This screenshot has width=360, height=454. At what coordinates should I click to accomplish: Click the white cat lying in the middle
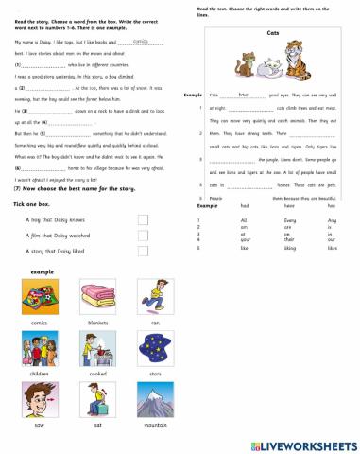[x=266, y=69]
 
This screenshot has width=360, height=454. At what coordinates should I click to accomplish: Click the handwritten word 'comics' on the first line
[x=142, y=43]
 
